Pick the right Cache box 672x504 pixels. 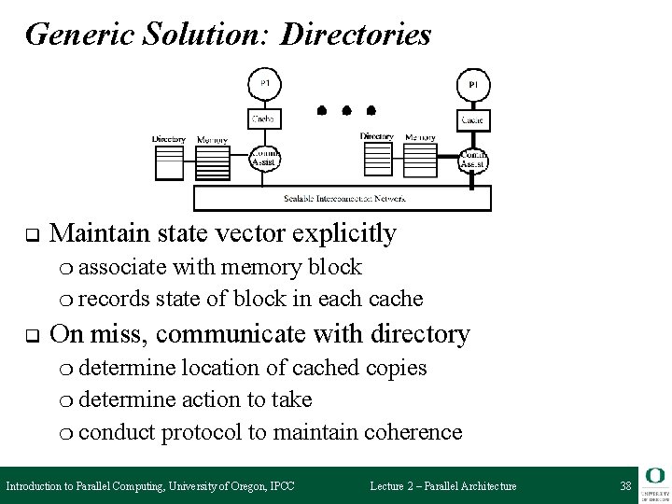(x=472, y=120)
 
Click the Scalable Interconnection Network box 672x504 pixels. (x=341, y=199)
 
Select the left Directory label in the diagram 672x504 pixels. (x=169, y=140)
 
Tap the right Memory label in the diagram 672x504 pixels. (x=421, y=137)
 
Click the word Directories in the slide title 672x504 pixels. (x=356, y=35)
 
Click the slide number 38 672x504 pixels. (x=624, y=486)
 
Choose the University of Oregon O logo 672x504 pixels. (x=655, y=477)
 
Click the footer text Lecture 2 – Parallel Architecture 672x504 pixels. (x=442, y=486)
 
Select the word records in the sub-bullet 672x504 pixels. (x=114, y=299)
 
